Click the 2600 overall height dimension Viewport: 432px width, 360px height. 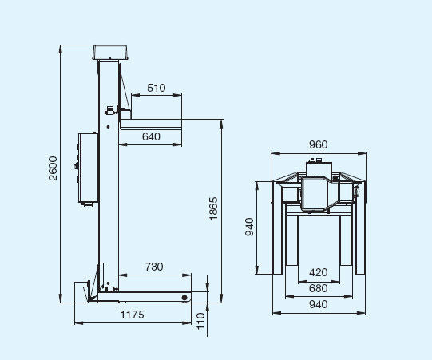click(x=53, y=168)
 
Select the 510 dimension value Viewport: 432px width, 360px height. click(x=157, y=88)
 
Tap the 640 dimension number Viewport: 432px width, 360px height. click(x=151, y=136)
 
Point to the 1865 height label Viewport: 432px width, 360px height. click(x=213, y=208)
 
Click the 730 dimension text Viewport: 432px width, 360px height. click(x=154, y=267)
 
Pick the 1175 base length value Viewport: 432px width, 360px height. click(x=133, y=315)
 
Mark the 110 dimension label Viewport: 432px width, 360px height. click(x=201, y=321)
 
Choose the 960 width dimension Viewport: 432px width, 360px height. click(x=319, y=144)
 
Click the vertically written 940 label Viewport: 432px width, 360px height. click(x=249, y=227)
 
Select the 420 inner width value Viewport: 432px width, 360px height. click(x=319, y=272)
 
